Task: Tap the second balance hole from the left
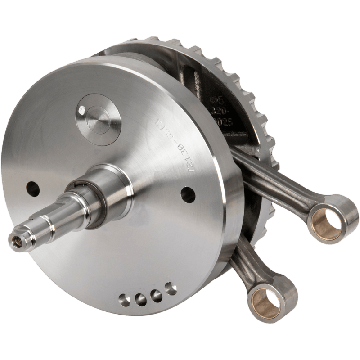click(x=139, y=297)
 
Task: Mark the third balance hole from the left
click(x=154, y=293)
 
